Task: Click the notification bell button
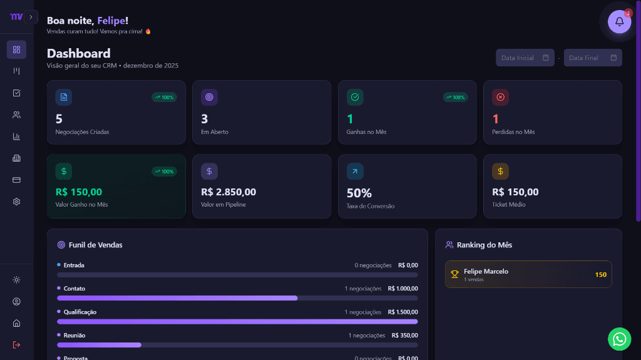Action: [x=619, y=21]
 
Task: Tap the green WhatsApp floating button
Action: [x=619, y=339]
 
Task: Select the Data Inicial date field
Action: [x=525, y=58]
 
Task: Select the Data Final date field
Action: [x=592, y=58]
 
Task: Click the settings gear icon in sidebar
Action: [x=17, y=202]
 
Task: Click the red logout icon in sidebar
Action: [x=17, y=344]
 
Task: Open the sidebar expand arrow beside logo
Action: [x=32, y=17]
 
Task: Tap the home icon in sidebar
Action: [x=17, y=323]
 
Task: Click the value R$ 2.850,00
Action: [x=228, y=192]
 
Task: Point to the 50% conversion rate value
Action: [x=359, y=193]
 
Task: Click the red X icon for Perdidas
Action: [x=500, y=97]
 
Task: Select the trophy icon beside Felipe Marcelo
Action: [x=455, y=274]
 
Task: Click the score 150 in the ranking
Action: [x=600, y=274]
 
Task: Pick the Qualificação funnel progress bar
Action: [x=237, y=321]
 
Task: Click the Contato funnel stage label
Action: [x=74, y=289]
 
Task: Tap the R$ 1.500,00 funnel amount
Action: [x=403, y=312]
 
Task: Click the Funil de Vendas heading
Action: [x=95, y=245]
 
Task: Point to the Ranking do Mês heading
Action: [x=485, y=245]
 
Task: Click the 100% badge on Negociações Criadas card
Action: [x=165, y=97]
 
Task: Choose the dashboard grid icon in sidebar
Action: [x=17, y=49]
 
